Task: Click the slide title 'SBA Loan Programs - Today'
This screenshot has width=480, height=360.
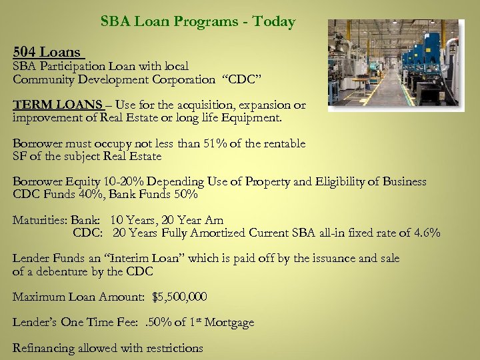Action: coord(198,21)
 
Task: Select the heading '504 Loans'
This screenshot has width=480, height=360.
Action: coord(47,51)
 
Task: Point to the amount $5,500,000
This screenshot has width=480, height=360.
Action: coord(179,297)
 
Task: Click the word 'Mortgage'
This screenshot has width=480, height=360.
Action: coord(229,322)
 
